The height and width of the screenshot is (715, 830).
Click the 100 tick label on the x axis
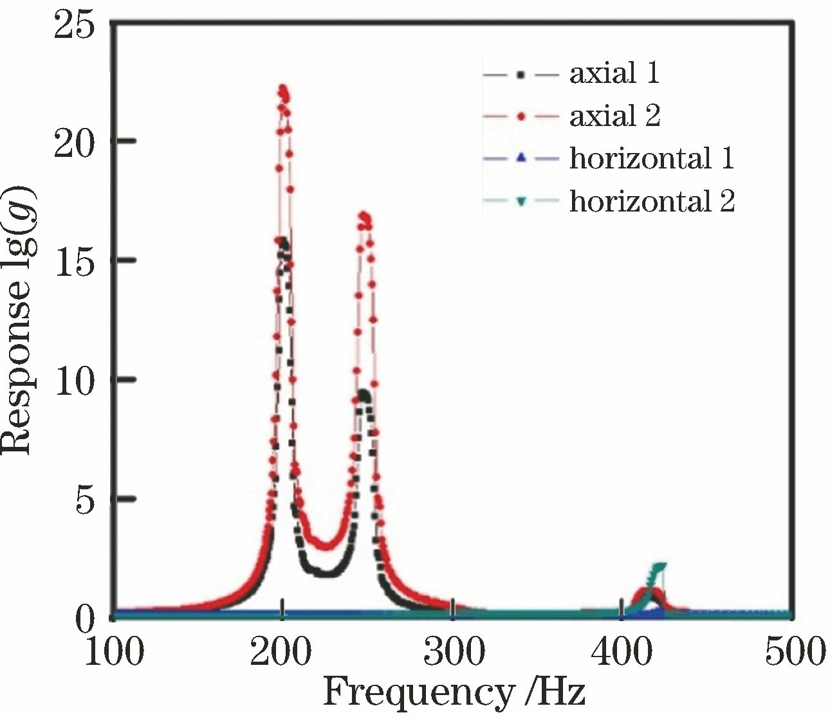point(113,652)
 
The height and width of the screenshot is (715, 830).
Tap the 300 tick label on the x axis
point(453,652)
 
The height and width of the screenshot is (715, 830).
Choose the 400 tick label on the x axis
point(622,652)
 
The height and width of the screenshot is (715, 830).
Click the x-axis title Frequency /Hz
point(454,693)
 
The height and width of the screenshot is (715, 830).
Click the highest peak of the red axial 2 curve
point(282,88)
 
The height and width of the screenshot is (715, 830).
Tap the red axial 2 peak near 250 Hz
point(364,216)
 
